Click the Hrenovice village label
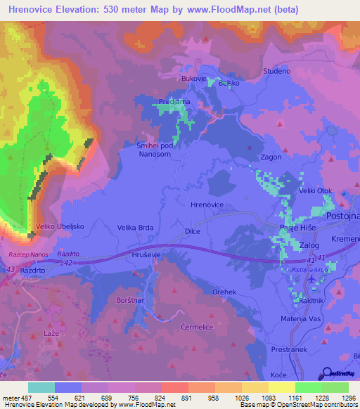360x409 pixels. pos(207,204)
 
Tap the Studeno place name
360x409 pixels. pos(276,71)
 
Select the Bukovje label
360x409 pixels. pos(194,79)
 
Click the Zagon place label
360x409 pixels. pos(271,157)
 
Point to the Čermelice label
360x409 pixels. pos(195,327)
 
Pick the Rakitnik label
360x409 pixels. pos(312,300)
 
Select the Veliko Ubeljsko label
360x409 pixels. pos(56,227)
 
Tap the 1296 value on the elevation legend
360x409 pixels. pos(348,398)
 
